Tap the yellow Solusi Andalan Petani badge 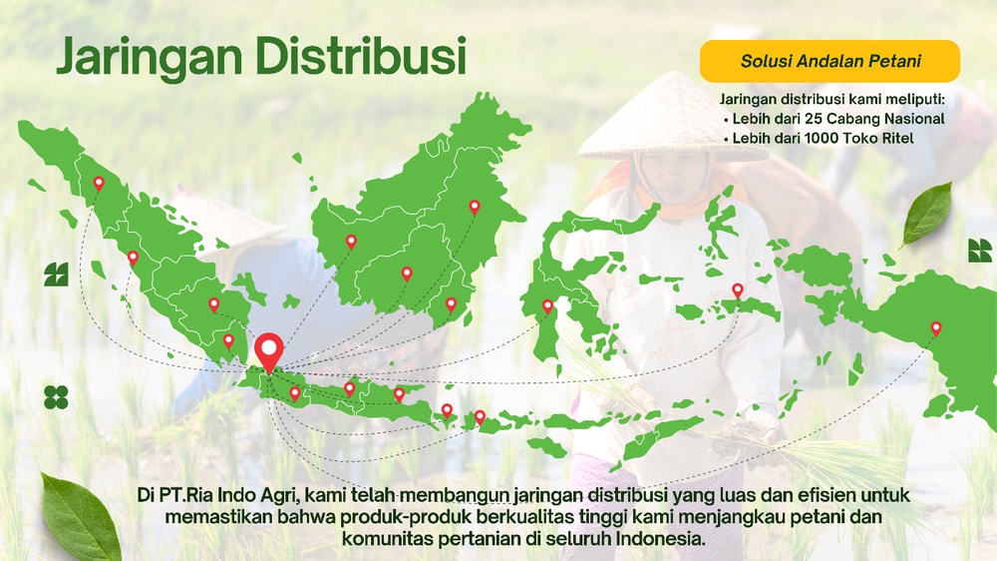tap(830, 61)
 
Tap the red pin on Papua tap(936, 327)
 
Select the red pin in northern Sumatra tap(99, 183)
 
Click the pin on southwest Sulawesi tap(547, 305)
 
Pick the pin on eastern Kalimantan tap(475, 207)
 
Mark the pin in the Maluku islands tap(738, 290)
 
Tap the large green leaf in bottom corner tap(79, 517)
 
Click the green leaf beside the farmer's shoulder tap(926, 213)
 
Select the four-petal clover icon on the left tap(56, 397)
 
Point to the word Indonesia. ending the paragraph tap(661, 538)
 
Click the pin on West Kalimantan tap(351, 241)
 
